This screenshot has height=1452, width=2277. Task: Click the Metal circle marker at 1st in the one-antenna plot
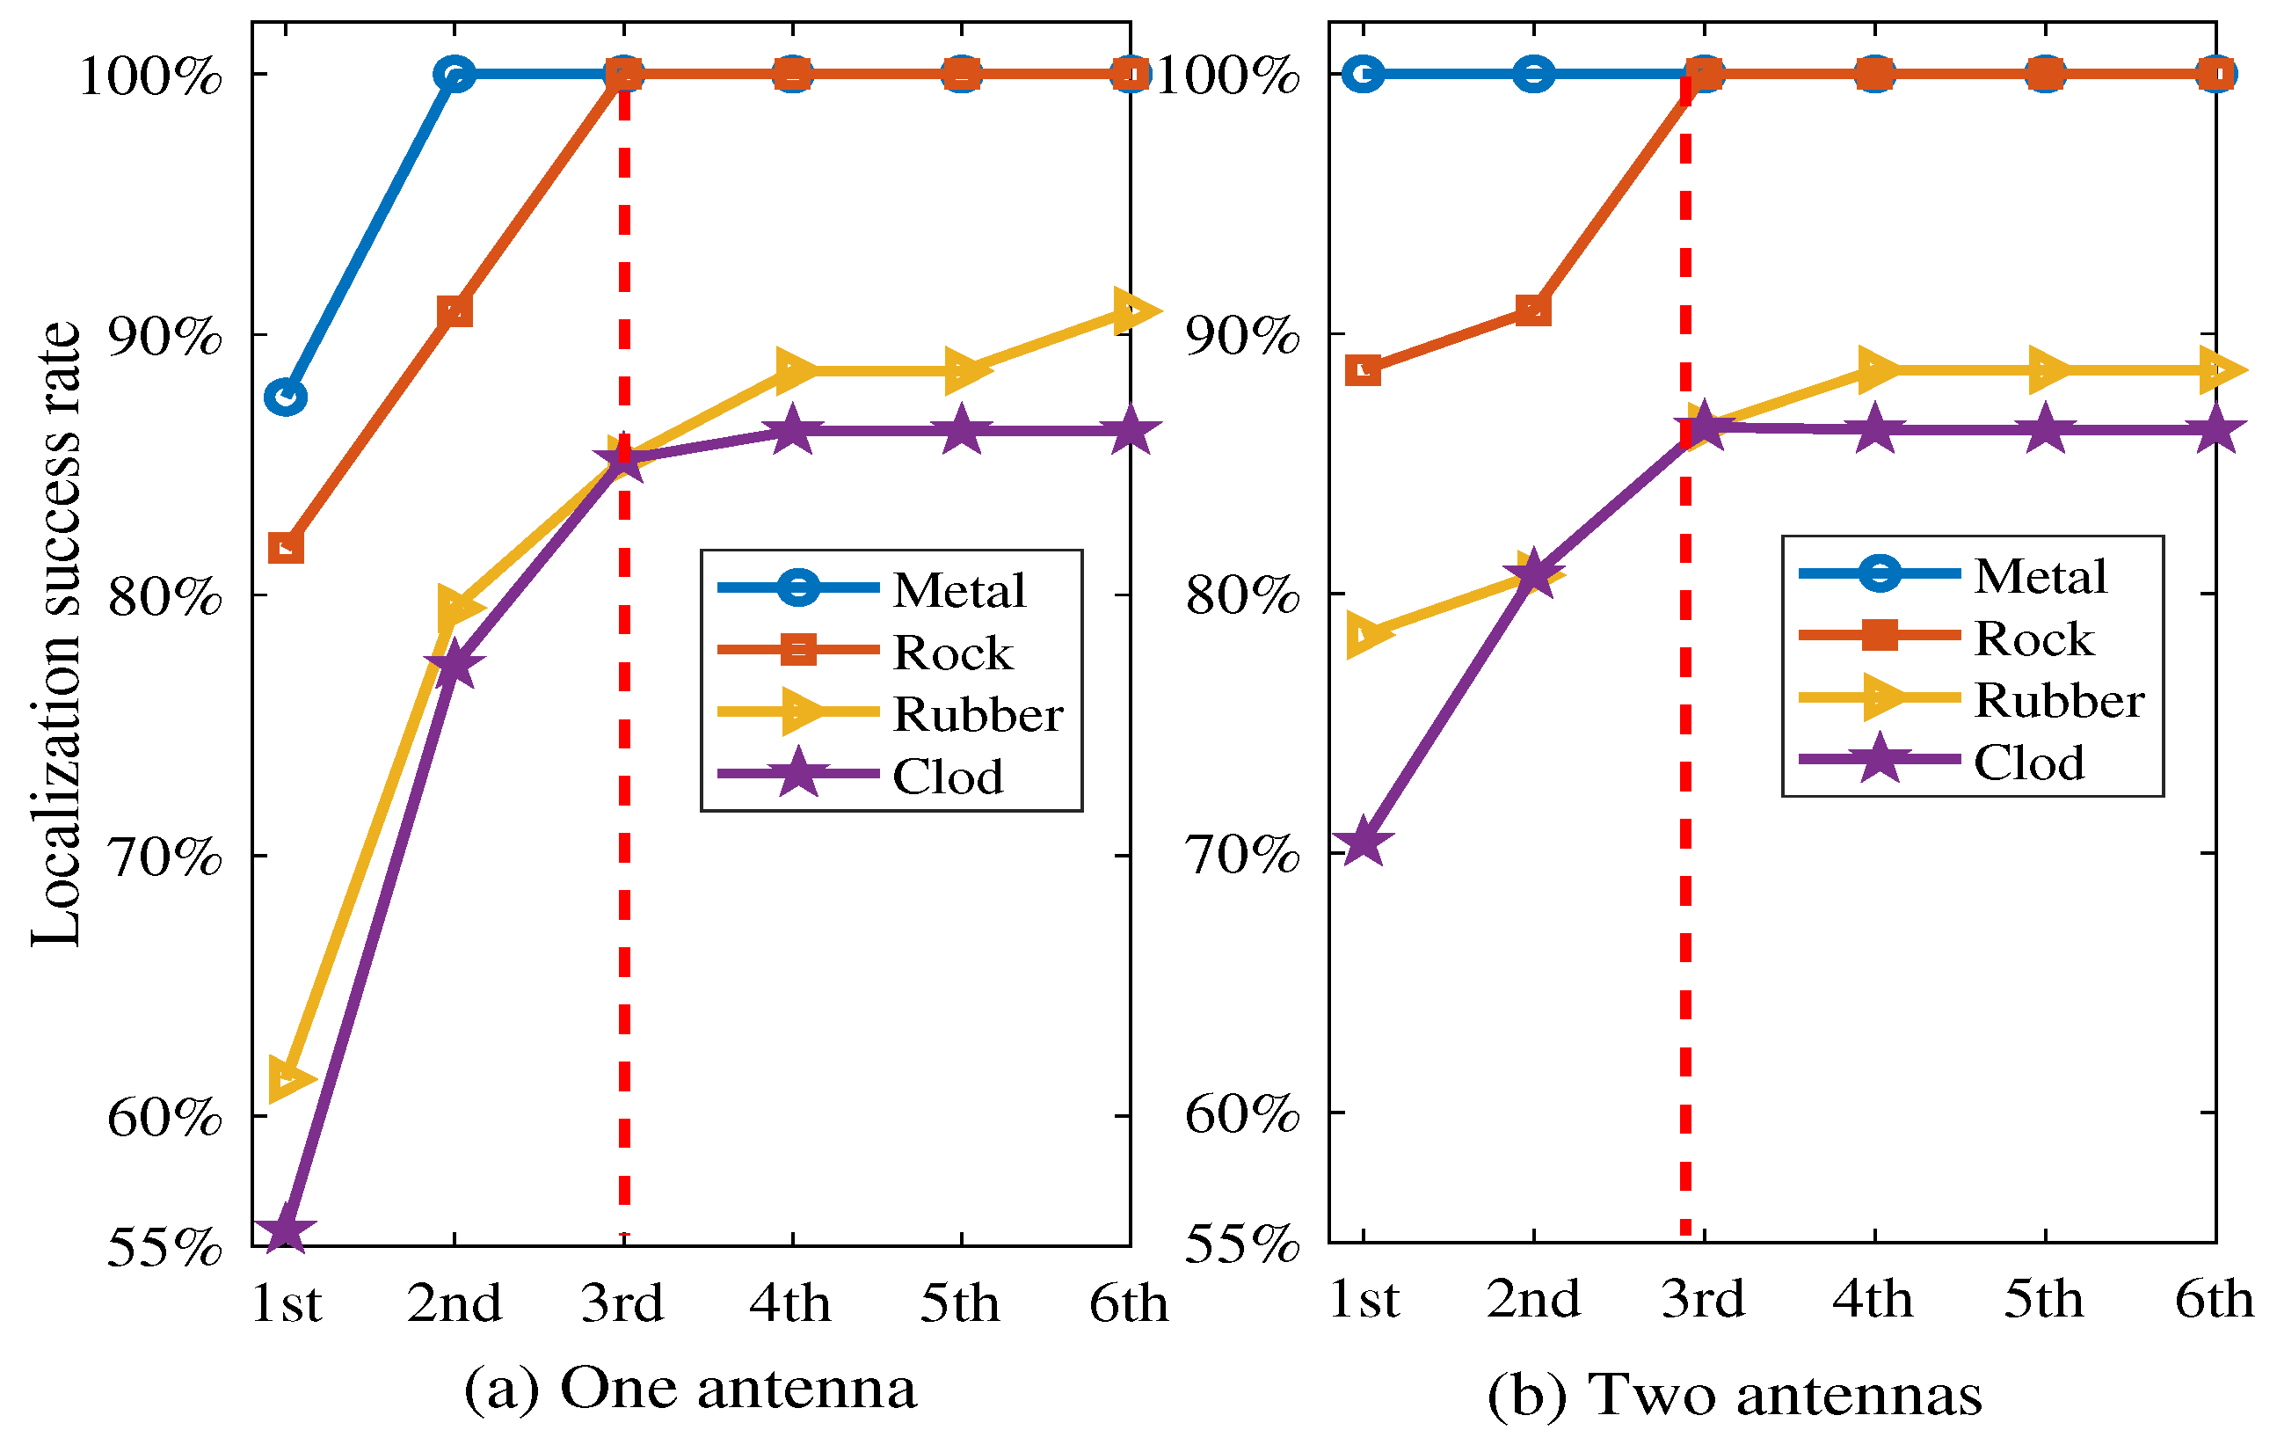[x=286, y=397]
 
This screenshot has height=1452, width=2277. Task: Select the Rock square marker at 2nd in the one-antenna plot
[x=455, y=311]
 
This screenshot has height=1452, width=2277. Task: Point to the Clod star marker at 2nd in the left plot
[x=455, y=665]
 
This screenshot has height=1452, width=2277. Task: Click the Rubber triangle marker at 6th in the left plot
[x=1131, y=311]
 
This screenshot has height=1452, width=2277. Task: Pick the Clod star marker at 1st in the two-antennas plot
[x=1363, y=841]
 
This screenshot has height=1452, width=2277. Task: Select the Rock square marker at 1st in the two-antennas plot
[x=1363, y=370]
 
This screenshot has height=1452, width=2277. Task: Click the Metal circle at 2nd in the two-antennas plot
[x=1533, y=73]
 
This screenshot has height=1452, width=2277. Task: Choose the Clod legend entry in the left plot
[x=947, y=777]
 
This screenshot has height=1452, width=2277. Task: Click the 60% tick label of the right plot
[x=1241, y=1113]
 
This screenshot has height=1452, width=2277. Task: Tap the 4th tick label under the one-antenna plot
[x=790, y=1304]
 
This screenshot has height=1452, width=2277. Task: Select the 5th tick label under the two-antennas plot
[x=2043, y=1300]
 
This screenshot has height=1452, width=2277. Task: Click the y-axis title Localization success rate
[x=57, y=634]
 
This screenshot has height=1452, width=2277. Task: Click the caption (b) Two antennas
[x=1735, y=1395]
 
